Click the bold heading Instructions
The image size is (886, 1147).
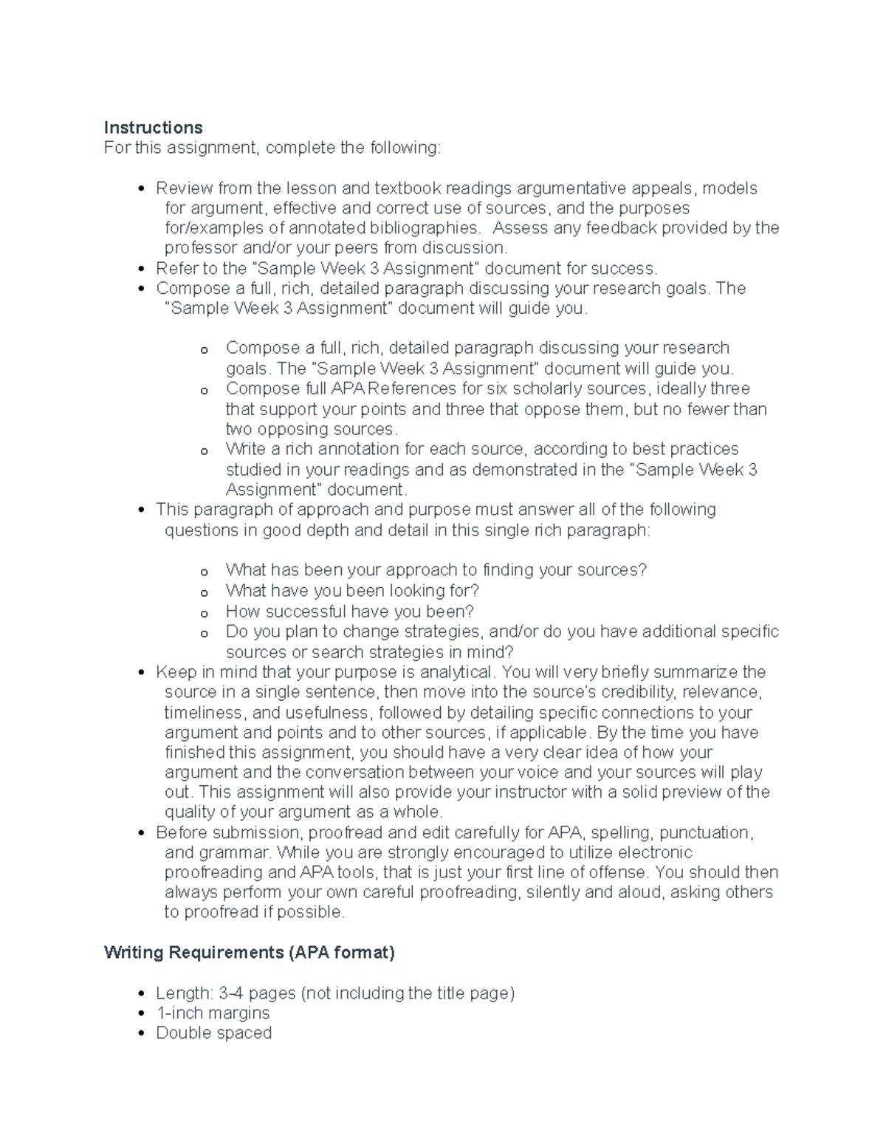[153, 128]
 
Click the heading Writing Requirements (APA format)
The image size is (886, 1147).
[249, 953]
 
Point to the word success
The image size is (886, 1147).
[628, 268]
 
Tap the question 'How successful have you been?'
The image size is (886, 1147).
[349, 612]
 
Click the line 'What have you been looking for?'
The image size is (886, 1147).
[352, 591]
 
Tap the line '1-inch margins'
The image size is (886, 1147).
[213, 1013]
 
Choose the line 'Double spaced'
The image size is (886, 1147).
[213, 1033]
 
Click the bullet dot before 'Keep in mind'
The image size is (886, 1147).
[142, 673]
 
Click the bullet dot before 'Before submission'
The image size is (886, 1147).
[142, 833]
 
